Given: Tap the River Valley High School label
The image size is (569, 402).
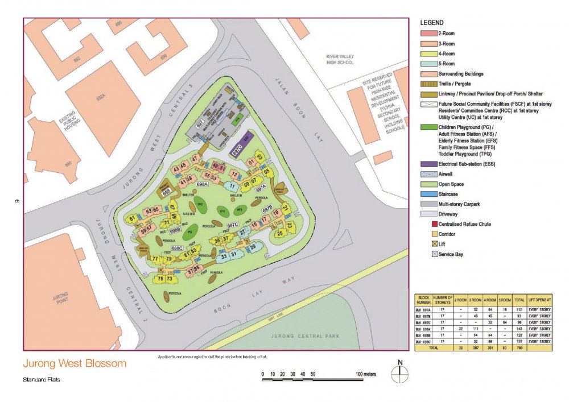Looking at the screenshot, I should coord(340,59).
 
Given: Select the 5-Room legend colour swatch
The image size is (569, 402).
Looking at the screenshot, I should coord(428,64).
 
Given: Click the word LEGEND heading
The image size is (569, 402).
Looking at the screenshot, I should coord(432,22).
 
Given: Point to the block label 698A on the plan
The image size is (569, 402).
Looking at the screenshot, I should coord(202,185).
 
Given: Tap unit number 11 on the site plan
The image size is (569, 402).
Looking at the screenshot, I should coord(232,186).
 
